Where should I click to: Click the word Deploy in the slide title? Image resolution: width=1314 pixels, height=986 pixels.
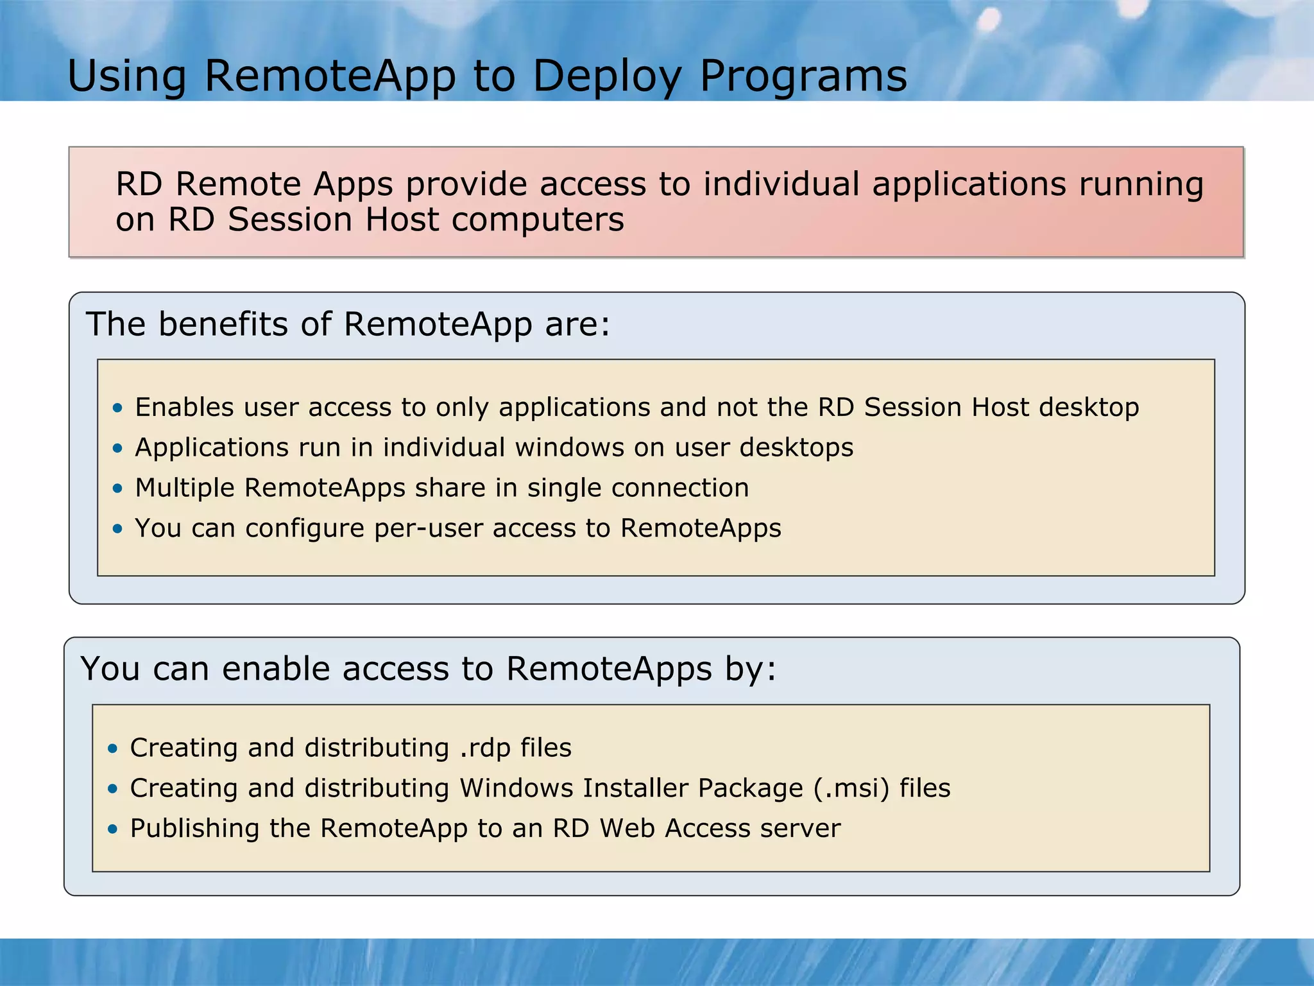point(606,76)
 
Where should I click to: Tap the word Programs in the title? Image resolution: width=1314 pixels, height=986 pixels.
point(803,76)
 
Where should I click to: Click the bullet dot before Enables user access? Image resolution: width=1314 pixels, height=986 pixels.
point(117,408)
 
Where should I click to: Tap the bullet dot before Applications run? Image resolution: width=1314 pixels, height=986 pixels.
point(117,448)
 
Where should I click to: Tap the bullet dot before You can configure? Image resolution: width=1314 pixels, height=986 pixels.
point(117,529)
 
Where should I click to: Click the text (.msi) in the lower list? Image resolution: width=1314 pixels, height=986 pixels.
point(851,788)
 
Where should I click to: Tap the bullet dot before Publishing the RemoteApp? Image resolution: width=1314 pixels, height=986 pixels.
point(113,829)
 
